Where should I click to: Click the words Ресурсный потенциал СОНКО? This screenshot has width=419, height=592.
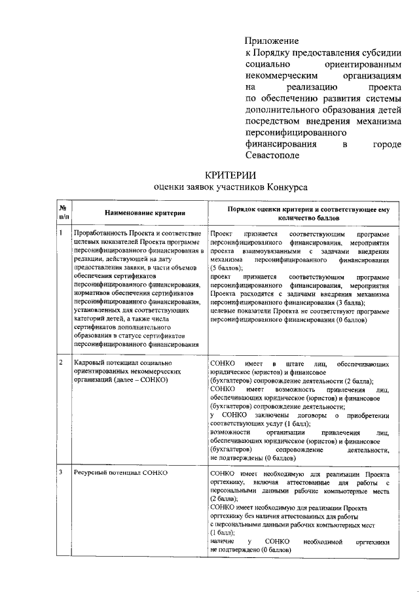120,472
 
